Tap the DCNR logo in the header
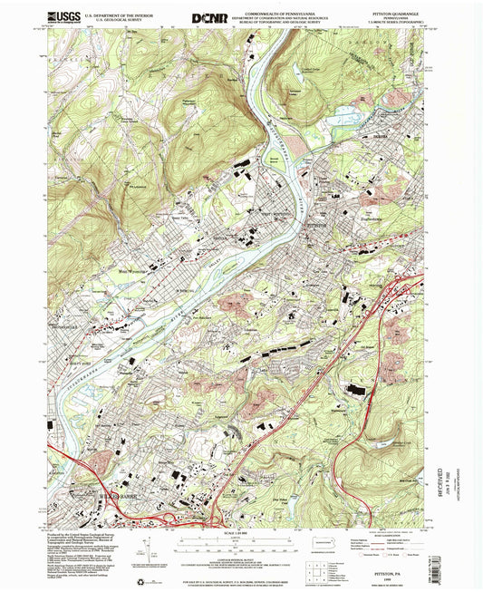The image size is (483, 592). [x=211, y=17]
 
